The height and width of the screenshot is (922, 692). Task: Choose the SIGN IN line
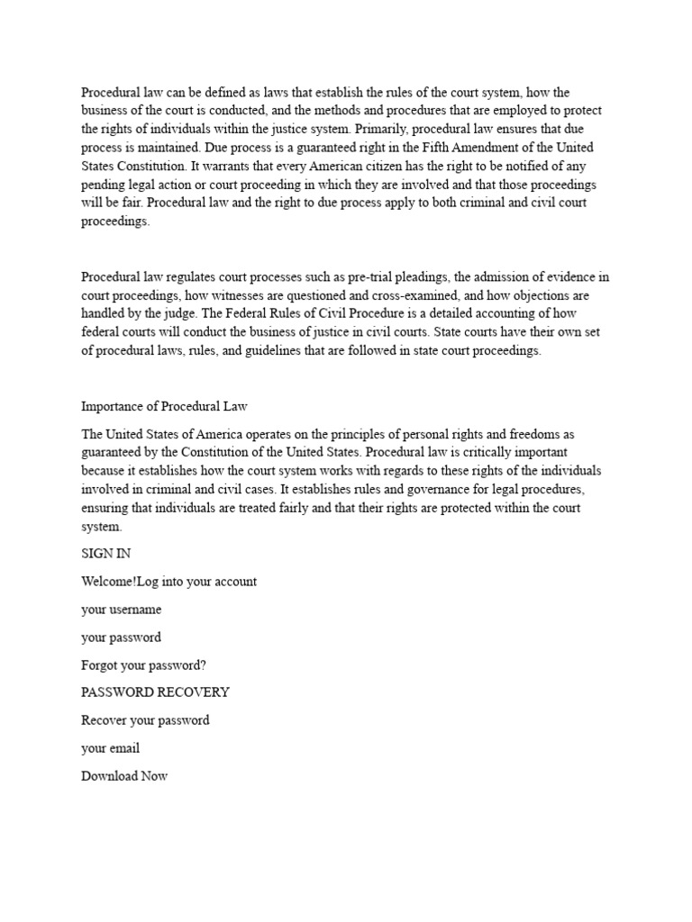tap(106, 554)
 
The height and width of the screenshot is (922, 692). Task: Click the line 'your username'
tap(122, 610)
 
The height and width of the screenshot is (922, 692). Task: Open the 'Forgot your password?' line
tap(143, 664)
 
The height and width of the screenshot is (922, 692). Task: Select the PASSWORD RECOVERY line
tap(155, 692)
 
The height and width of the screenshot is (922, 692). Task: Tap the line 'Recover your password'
tap(145, 720)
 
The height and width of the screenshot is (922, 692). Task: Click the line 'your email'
tap(110, 748)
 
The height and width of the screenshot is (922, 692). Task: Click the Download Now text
tap(124, 776)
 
